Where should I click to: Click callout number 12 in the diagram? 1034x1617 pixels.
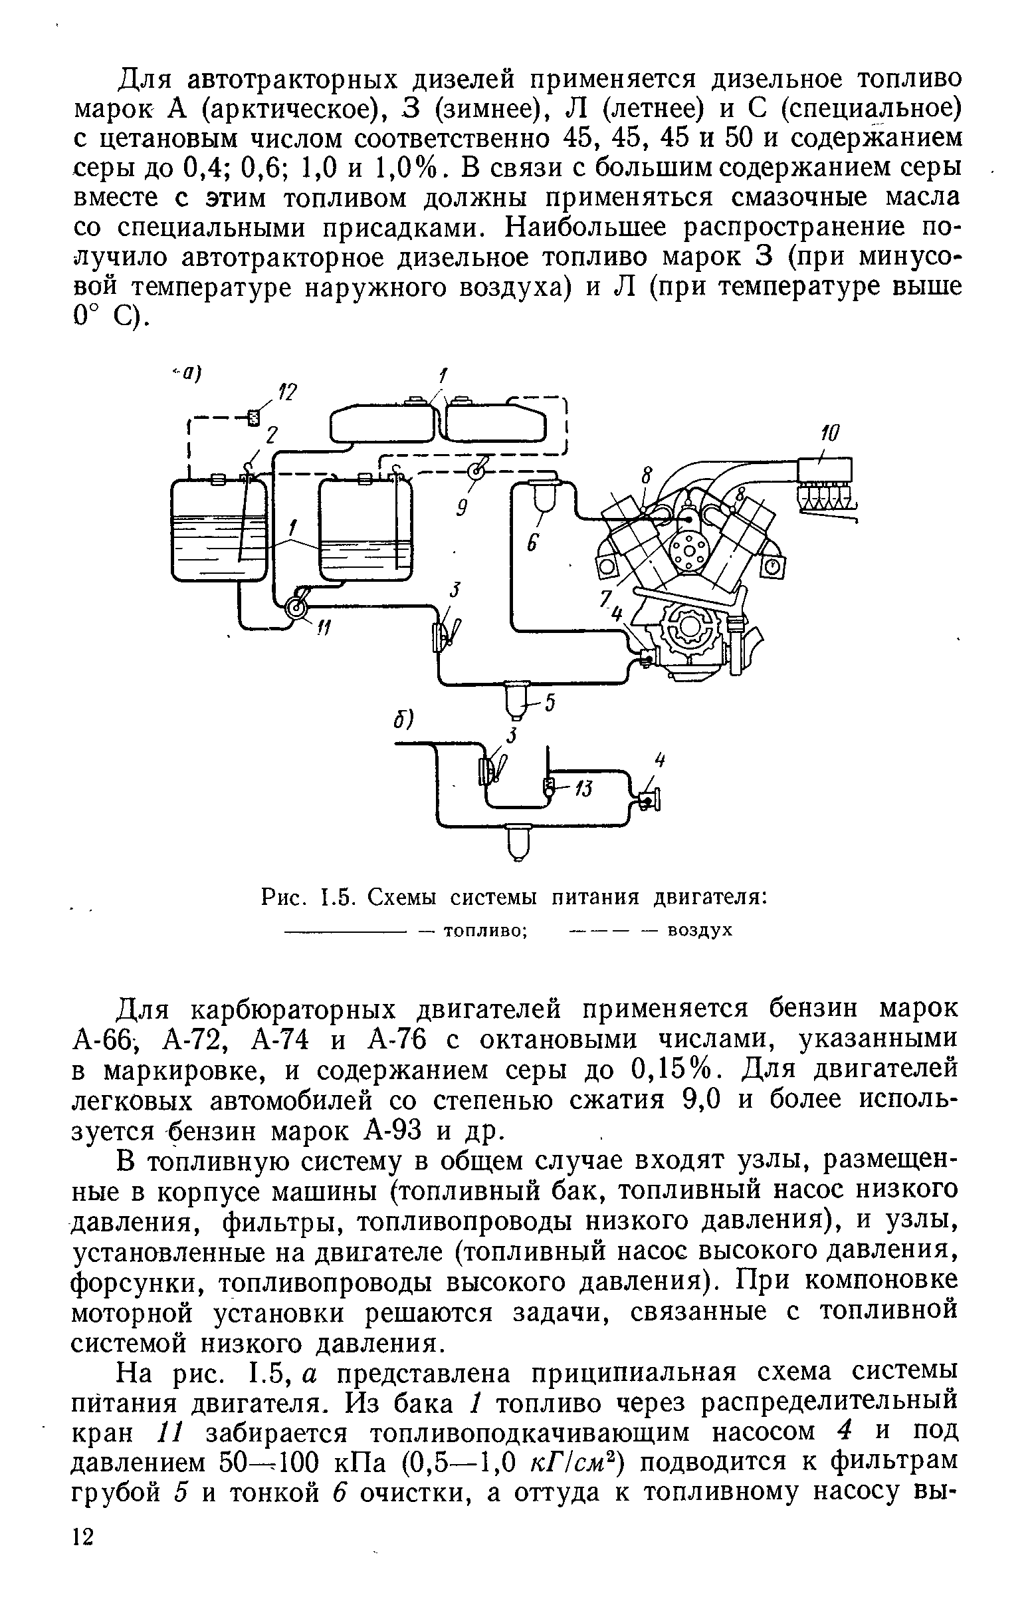tap(287, 392)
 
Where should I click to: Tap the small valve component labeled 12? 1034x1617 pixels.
tap(253, 417)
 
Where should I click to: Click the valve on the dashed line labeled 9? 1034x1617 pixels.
tap(476, 471)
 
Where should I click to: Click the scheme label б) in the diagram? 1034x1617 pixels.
tap(404, 719)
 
